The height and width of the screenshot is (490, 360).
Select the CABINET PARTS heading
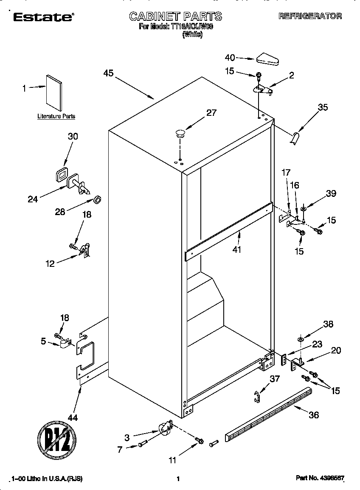175,17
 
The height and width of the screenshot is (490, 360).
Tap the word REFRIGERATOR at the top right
310,16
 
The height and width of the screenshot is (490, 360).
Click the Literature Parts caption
56,116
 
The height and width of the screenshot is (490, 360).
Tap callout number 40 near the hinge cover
230,58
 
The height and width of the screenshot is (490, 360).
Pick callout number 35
323,107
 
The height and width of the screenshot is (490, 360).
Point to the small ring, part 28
97,199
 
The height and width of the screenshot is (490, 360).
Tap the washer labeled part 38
301,339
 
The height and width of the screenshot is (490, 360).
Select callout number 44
73,417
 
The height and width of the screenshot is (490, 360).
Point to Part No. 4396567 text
319,479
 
